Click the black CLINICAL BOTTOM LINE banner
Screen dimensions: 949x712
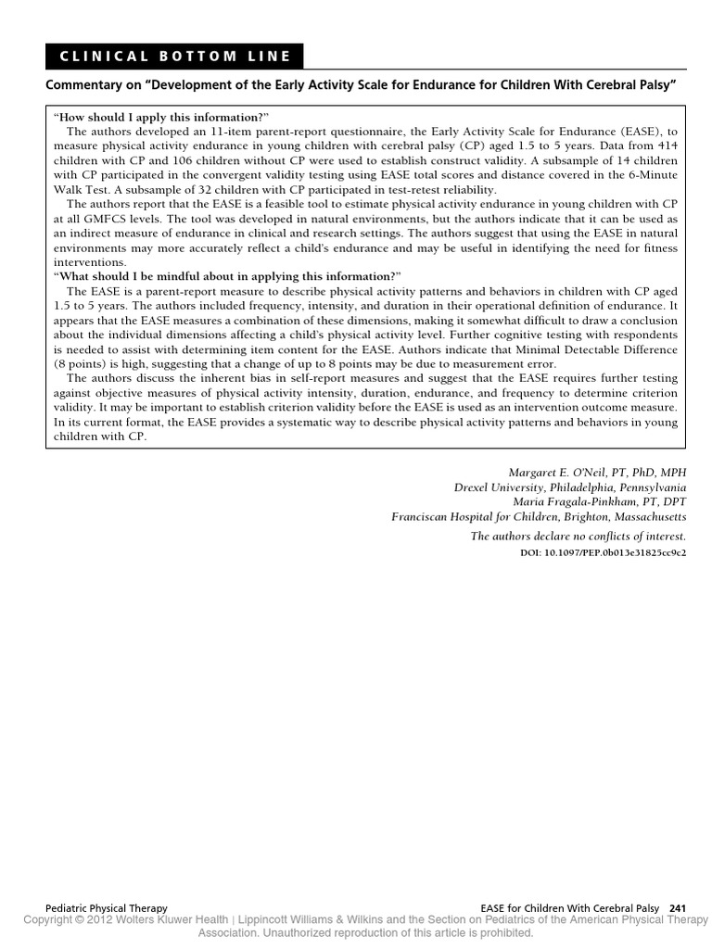tap(174, 56)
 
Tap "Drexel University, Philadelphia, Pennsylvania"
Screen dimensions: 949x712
tap(570, 487)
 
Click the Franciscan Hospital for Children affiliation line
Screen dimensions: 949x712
tap(539, 516)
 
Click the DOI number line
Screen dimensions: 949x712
tap(604, 551)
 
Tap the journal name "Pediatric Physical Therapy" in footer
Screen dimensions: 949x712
tap(106, 909)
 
